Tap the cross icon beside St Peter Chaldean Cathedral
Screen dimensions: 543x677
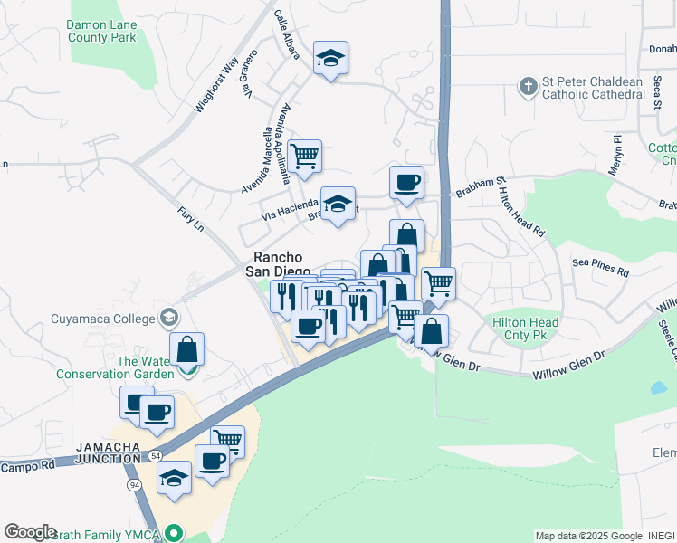(529, 87)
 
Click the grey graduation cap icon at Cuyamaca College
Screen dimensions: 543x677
(168, 318)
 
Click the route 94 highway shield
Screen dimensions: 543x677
(133, 486)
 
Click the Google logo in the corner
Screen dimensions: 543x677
(30, 532)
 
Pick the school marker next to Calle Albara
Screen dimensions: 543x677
(331, 59)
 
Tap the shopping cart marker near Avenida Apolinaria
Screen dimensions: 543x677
(306, 156)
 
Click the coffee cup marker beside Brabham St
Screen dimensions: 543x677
(406, 182)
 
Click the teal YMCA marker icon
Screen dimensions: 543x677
(177, 535)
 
